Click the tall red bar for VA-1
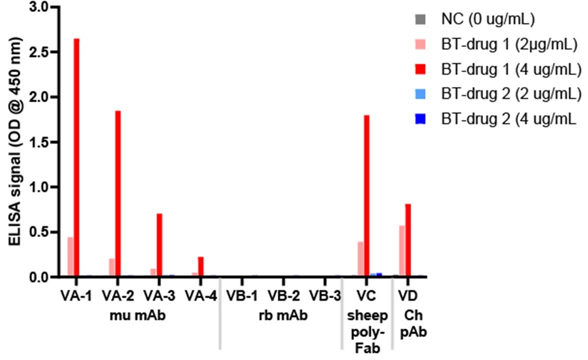point(76,157)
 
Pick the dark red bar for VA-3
point(159,244)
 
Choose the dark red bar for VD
point(408,239)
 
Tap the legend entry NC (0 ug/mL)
point(488,20)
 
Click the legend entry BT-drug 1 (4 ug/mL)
point(511,70)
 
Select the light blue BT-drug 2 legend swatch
point(420,94)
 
